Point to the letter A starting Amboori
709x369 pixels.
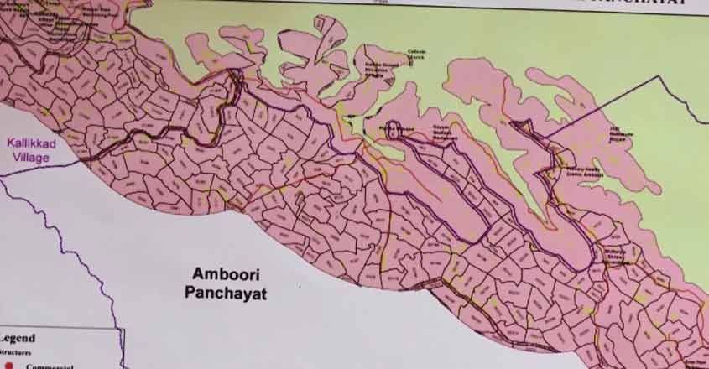197,274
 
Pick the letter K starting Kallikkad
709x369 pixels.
10,143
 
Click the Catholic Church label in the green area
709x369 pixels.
416,55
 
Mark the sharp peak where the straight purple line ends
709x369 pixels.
660,76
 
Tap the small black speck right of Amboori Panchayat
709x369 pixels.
300,286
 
